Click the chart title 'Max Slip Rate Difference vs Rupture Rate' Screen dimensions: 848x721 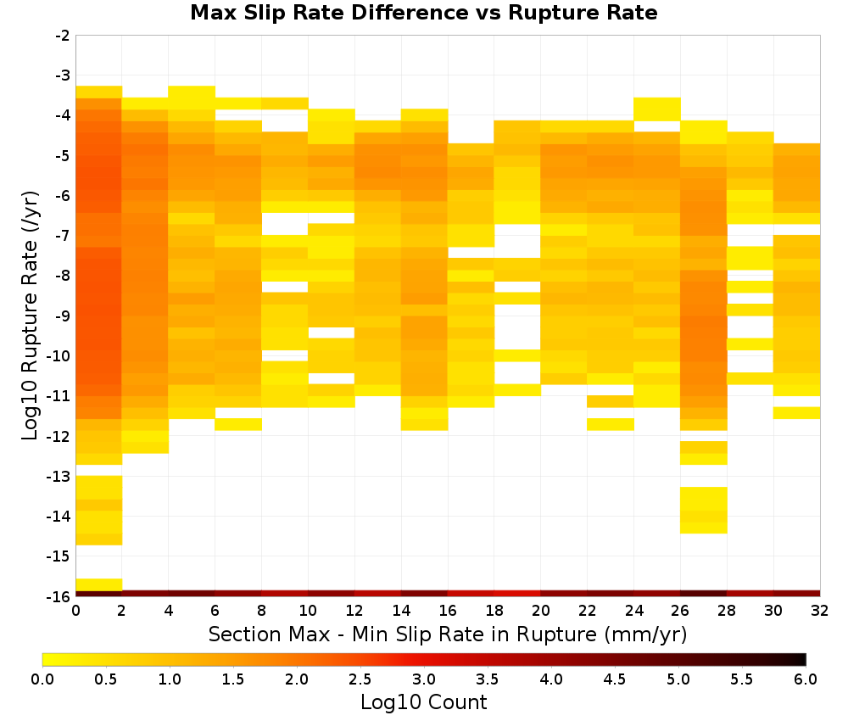(x=423, y=13)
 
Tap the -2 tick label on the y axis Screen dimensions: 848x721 (x=63, y=36)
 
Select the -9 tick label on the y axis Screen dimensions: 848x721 (x=63, y=316)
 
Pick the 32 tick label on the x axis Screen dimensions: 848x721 (x=820, y=611)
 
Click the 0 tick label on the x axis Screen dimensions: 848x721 (x=75, y=611)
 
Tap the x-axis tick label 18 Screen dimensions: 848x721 (x=494, y=611)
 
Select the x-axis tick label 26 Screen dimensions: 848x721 (x=680, y=611)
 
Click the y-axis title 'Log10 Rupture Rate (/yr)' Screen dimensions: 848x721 (x=31, y=316)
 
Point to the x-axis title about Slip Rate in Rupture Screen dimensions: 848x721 (x=448, y=634)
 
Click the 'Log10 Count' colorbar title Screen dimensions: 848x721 (x=423, y=702)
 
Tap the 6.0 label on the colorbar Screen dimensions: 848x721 (x=806, y=679)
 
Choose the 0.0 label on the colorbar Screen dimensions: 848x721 (x=42, y=679)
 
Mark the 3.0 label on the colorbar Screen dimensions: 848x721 (x=424, y=679)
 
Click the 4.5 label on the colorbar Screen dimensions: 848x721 (x=614, y=679)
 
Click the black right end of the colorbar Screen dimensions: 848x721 (x=802, y=659)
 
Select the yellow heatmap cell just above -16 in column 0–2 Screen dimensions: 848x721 (x=99, y=584)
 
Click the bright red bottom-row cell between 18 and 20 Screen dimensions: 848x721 (x=517, y=594)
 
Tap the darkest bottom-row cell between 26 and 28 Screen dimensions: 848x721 (x=704, y=594)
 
